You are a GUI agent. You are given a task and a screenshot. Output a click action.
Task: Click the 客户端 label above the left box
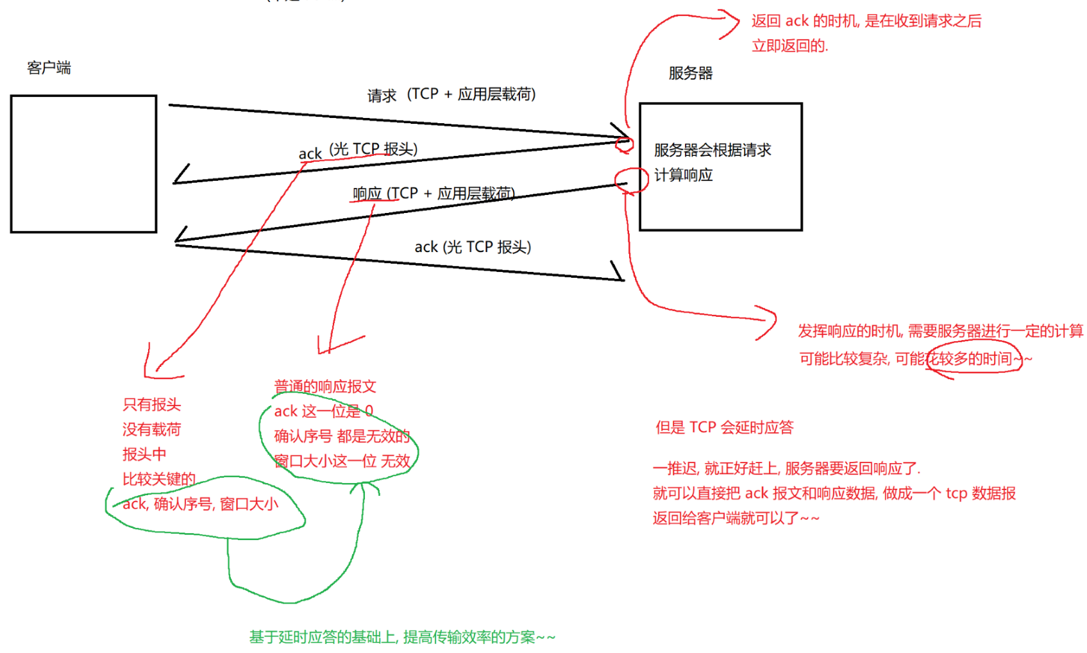(x=49, y=67)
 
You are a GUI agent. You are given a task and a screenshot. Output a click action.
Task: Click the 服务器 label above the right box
(x=690, y=73)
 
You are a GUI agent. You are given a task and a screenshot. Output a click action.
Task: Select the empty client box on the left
(x=83, y=164)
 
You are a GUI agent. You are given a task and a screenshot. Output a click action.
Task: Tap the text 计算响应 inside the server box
(x=683, y=175)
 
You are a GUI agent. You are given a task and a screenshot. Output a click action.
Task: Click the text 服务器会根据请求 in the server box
(x=712, y=150)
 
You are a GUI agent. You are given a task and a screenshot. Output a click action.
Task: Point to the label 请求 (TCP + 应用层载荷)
(x=451, y=95)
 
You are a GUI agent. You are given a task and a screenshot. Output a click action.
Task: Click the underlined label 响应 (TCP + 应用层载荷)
(x=434, y=193)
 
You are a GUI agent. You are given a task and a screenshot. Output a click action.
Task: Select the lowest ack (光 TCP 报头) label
(x=473, y=247)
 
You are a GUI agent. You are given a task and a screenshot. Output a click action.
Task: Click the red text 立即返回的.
(x=789, y=46)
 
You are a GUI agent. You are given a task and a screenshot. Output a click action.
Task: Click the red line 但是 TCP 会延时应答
(x=724, y=427)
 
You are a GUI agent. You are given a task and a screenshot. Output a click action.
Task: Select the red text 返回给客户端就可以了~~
(x=736, y=518)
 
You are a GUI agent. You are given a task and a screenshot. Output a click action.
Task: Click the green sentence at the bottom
(x=402, y=637)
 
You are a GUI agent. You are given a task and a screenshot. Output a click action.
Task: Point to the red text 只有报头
(x=151, y=405)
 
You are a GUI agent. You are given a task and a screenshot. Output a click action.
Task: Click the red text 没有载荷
(x=151, y=429)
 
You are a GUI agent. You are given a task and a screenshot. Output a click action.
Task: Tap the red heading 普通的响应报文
(x=325, y=386)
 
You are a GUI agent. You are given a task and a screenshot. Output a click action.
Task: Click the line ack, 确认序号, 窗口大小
(x=200, y=504)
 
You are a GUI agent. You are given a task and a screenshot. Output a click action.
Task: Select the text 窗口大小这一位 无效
(x=342, y=461)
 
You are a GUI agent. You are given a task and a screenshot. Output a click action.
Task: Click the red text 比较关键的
(x=158, y=479)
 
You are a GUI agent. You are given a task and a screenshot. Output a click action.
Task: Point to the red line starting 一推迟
(x=786, y=468)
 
